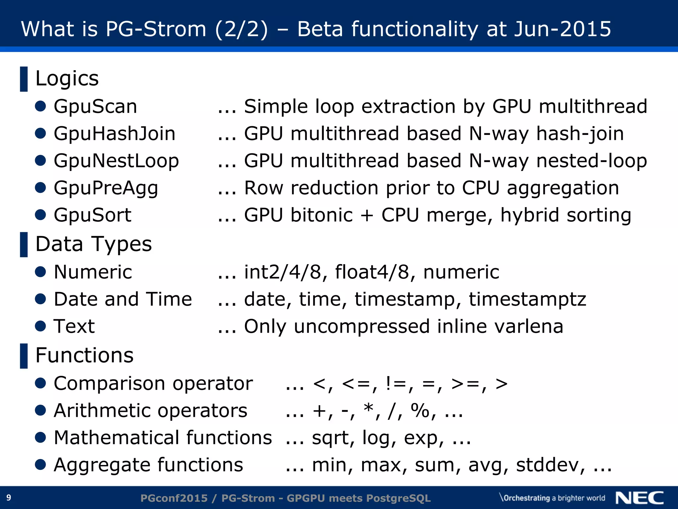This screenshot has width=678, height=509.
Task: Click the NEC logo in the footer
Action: point(640,498)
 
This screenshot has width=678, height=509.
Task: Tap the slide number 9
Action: point(9,497)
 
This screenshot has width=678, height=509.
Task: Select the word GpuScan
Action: point(95,107)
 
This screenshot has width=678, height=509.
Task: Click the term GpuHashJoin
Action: point(115,134)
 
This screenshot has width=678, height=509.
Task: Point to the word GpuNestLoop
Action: point(116,161)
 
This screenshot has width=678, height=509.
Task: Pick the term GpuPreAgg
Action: point(106,188)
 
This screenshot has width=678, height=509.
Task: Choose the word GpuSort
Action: point(93,215)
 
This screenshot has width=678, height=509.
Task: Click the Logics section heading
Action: point(67,79)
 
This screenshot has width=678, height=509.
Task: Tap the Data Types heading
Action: point(93,244)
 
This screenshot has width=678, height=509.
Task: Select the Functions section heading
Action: point(84,356)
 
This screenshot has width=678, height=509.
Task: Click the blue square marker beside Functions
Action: point(24,356)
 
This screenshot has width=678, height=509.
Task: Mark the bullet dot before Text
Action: point(40,326)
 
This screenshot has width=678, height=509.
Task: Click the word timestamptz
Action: point(527,300)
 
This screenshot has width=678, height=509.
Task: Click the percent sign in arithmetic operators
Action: point(420,411)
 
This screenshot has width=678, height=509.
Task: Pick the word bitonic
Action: point(321,215)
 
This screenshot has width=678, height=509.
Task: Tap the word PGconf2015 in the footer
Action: point(174,498)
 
